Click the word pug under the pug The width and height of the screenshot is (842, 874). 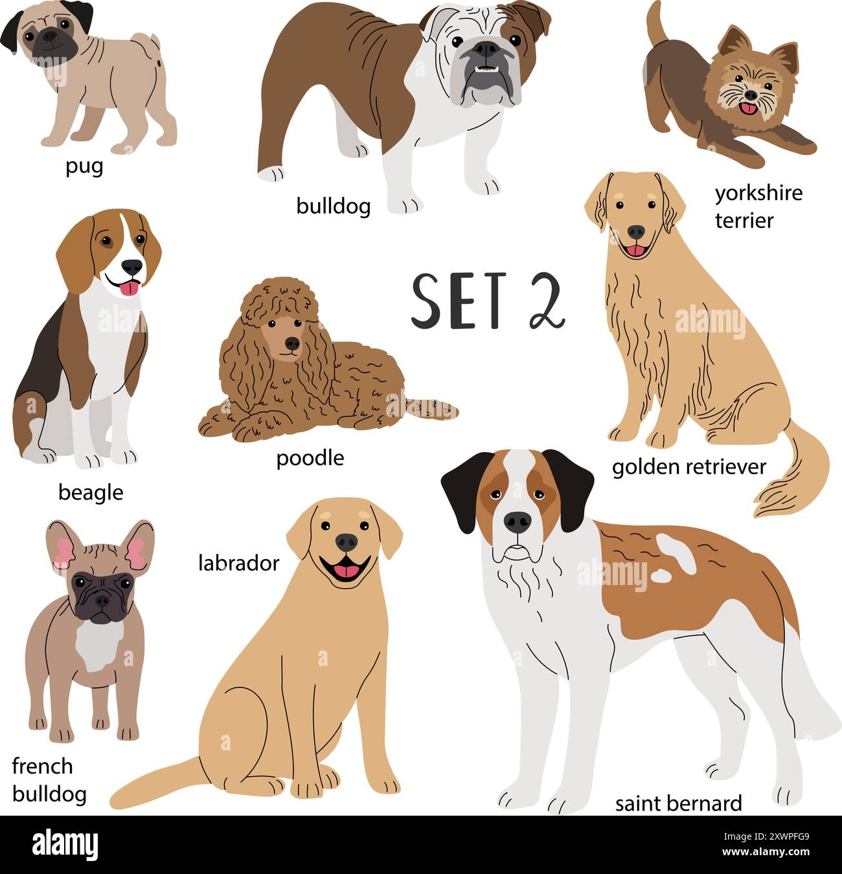(x=84, y=167)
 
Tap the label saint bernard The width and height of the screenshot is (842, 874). (x=678, y=803)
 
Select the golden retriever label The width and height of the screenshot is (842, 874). (x=688, y=466)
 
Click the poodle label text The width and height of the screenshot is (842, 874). (x=310, y=458)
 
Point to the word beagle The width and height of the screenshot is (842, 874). (x=90, y=492)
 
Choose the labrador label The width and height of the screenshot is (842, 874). (x=238, y=562)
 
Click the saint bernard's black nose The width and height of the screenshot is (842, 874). (x=517, y=521)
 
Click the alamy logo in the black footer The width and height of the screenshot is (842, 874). (x=65, y=844)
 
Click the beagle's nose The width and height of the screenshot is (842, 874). (x=132, y=266)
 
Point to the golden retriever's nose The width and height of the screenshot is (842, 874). (x=635, y=231)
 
